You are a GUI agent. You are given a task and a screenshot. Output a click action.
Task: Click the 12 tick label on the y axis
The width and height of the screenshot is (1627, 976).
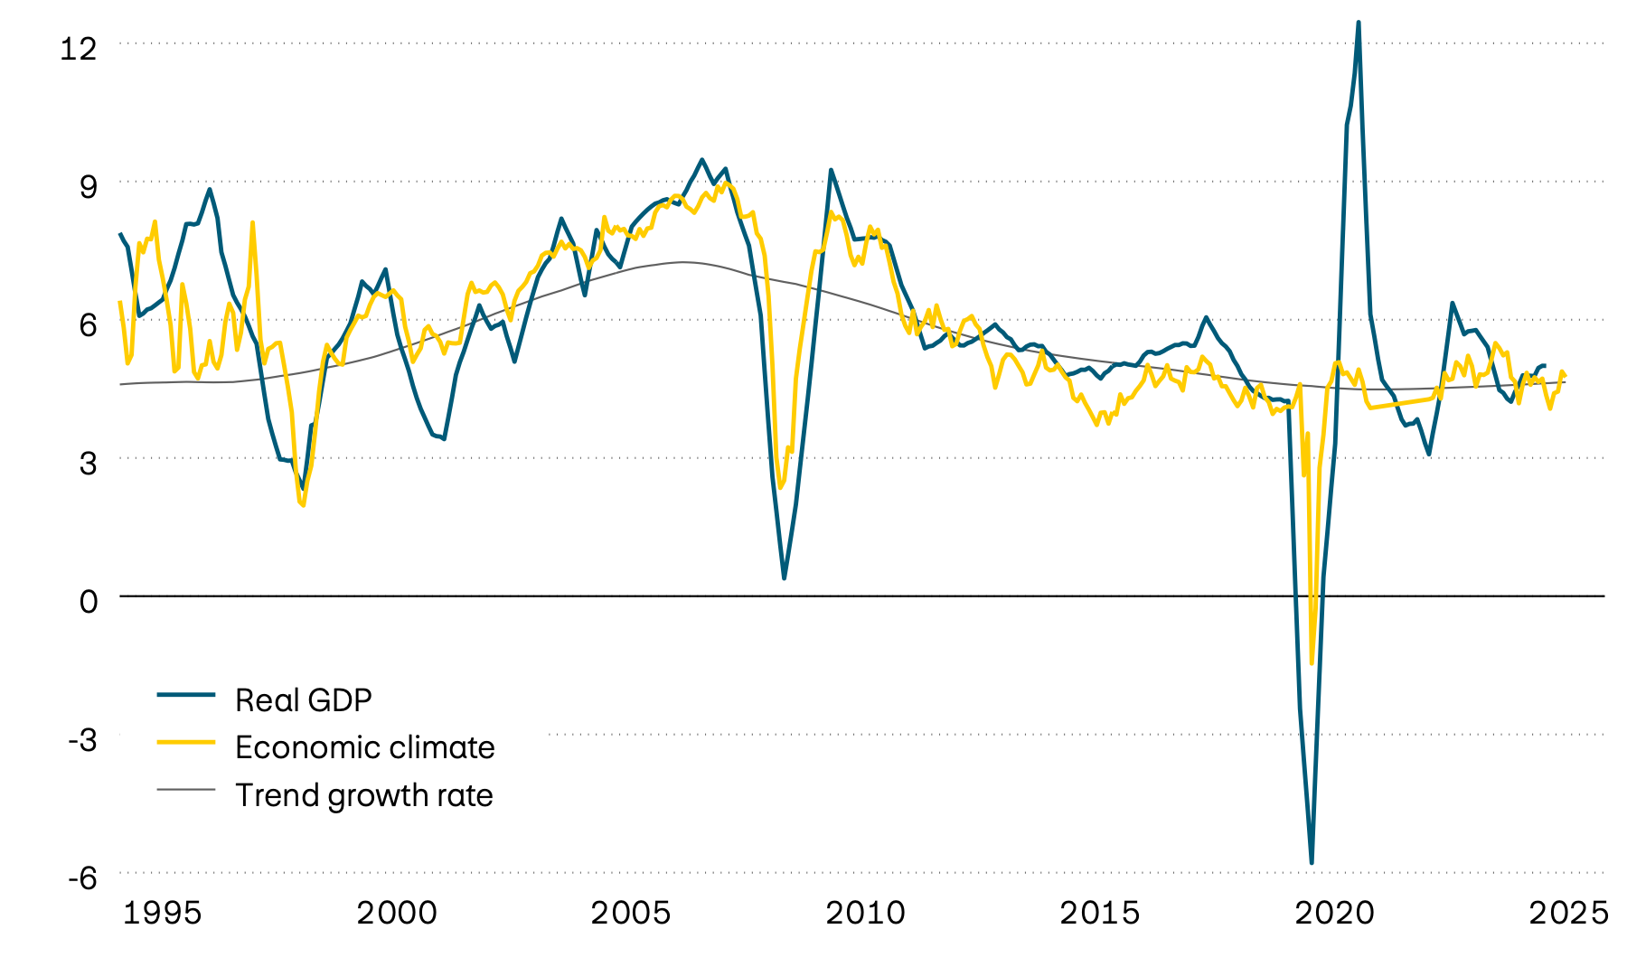tap(78, 48)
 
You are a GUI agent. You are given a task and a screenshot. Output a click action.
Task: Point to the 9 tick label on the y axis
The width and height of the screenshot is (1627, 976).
tap(88, 187)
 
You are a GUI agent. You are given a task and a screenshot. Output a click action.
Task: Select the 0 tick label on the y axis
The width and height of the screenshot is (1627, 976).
tap(88, 601)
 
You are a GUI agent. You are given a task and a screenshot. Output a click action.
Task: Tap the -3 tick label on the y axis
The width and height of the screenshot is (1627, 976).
tap(82, 739)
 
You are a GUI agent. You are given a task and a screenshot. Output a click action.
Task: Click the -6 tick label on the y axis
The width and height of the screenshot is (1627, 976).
tap(82, 877)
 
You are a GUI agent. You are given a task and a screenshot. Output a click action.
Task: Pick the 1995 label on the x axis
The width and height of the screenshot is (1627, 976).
tap(162, 913)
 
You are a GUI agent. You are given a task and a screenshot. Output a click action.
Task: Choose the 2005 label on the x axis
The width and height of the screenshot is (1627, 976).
tap(631, 913)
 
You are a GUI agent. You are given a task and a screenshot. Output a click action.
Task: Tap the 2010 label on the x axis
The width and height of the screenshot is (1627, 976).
tap(865, 913)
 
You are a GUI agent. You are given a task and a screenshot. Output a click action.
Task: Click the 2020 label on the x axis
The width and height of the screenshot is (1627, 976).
tap(1334, 913)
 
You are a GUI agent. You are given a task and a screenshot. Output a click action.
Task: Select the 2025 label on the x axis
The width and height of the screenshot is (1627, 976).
tap(1568, 913)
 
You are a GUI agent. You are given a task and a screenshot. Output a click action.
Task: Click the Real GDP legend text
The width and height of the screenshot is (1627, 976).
tap(303, 700)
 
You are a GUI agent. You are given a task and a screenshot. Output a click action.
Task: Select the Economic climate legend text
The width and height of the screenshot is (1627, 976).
tap(364, 747)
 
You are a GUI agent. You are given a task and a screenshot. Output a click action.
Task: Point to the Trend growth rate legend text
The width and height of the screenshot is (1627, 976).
tap(363, 795)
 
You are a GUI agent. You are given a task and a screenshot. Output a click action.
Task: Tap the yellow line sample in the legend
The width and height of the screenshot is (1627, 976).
tap(186, 742)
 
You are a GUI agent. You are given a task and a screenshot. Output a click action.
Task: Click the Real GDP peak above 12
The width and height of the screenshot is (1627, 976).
tap(1359, 23)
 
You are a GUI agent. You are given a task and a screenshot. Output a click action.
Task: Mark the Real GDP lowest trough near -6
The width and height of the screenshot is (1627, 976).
tap(1312, 863)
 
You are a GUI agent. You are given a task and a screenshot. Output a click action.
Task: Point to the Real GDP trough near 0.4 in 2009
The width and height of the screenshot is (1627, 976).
tap(784, 577)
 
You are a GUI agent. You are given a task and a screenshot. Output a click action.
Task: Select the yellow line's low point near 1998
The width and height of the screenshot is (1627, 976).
tap(303, 504)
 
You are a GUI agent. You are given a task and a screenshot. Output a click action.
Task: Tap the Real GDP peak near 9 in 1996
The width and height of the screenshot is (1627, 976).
tap(210, 189)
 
